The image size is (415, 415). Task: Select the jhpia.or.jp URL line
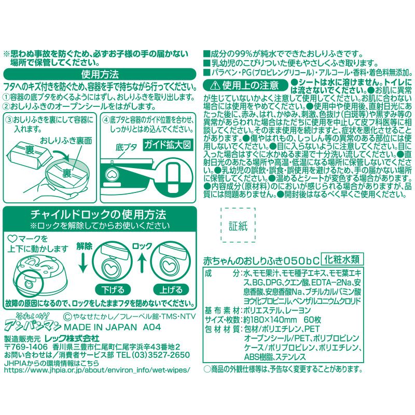click(x=96, y=371)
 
